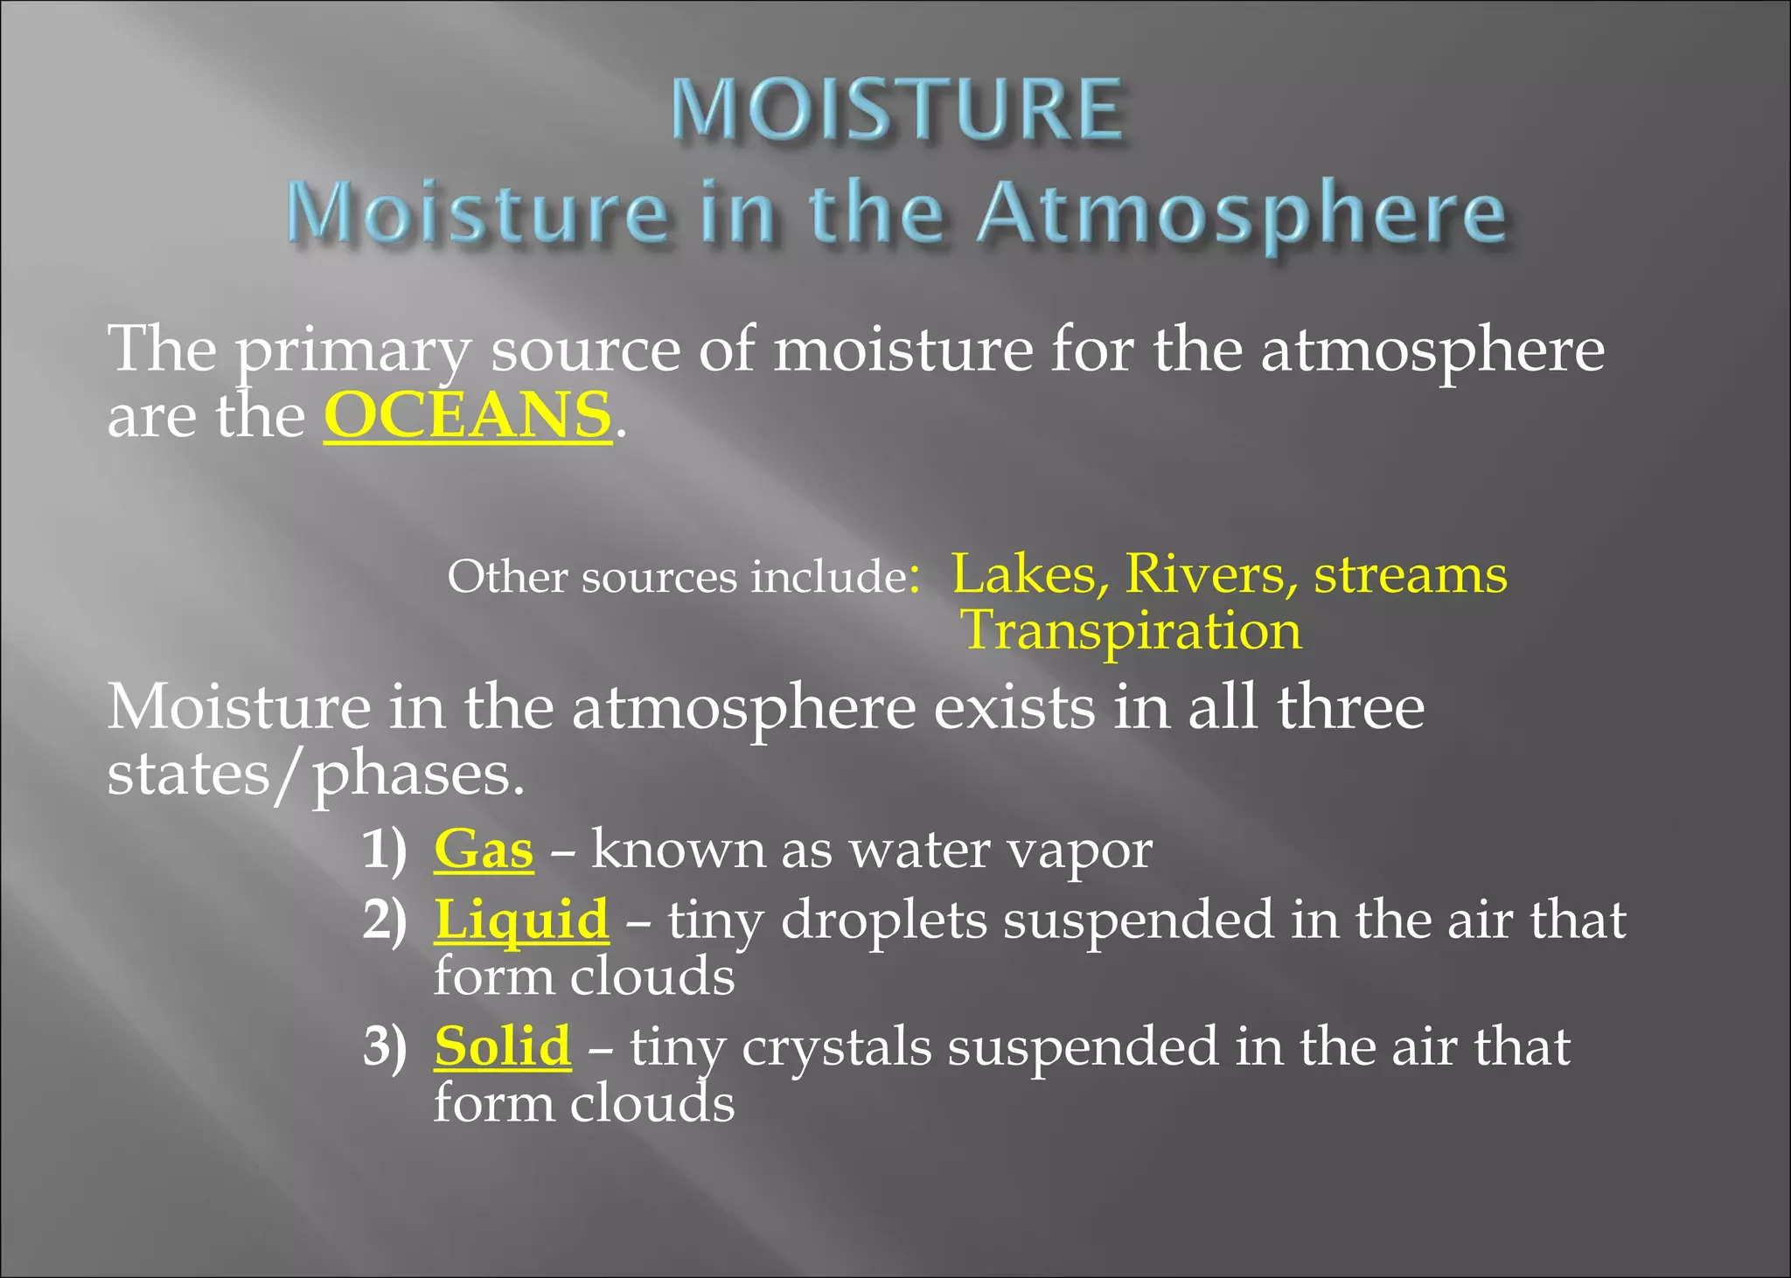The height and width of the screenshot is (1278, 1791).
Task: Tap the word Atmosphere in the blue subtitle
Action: pos(1242,214)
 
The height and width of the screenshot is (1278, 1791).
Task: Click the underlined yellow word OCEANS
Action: pos(467,415)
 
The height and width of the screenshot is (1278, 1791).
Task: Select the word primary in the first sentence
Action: pos(353,350)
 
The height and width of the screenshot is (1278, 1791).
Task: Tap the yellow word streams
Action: pos(1411,574)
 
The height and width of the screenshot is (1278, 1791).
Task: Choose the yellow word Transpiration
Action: pos(1132,630)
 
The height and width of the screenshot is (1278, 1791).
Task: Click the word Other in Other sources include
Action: pos(507,577)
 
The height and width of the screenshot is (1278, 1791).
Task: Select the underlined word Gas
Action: pos(484,849)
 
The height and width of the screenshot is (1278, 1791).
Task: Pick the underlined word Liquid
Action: pos(521,920)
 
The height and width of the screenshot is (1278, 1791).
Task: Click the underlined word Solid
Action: pos(503,1046)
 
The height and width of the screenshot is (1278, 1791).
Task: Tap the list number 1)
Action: pos(385,849)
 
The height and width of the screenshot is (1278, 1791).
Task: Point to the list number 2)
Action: pos(385,920)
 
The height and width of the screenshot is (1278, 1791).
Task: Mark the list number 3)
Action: pos(385,1046)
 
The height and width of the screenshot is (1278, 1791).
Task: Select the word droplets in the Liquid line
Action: pos(883,920)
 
